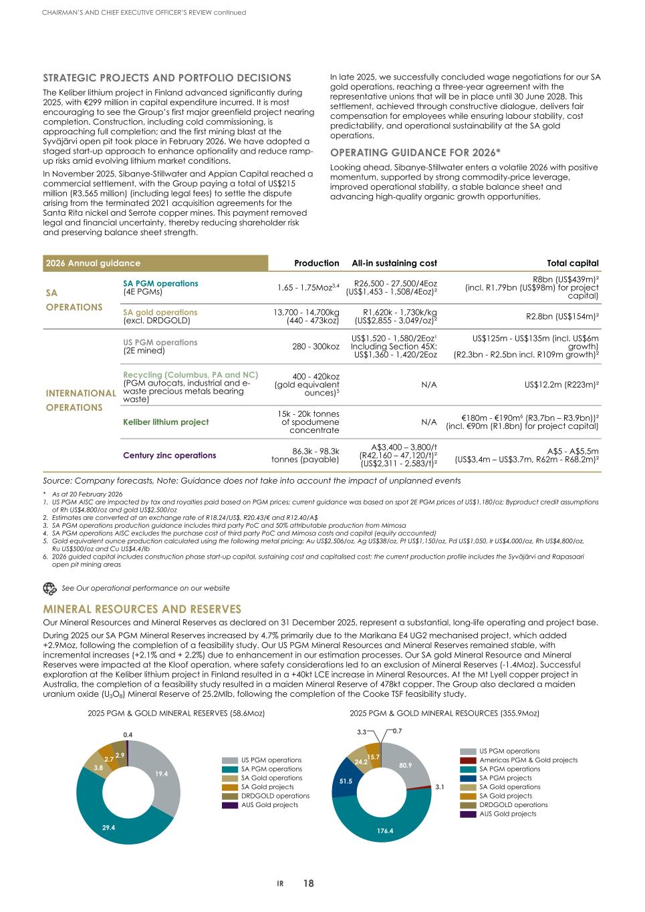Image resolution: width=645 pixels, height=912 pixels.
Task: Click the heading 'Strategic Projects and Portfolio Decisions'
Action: tap(167, 78)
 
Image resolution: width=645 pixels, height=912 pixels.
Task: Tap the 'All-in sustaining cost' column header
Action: tap(394, 263)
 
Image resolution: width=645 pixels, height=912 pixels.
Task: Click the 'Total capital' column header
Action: tap(572, 263)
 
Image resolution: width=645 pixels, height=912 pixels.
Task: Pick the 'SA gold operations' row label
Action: tap(160, 312)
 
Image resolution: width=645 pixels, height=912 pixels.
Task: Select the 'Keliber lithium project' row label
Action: tap(166, 422)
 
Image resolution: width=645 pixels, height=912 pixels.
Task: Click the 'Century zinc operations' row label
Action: tap(169, 455)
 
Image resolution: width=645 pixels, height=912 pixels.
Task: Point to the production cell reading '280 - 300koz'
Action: tap(314, 346)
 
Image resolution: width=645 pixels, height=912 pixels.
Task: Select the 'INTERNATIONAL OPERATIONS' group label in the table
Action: tap(80, 400)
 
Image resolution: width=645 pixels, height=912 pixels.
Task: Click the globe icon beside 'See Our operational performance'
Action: tap(49, 588)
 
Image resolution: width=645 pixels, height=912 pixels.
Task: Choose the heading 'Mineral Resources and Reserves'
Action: tap(142, 609)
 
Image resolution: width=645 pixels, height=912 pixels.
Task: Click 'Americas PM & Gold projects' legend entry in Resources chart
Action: tap(528, 760)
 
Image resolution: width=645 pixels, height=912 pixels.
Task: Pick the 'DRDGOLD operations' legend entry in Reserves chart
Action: tap(275, 796)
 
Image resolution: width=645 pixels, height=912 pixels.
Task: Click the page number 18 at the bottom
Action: tap(308, 883)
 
